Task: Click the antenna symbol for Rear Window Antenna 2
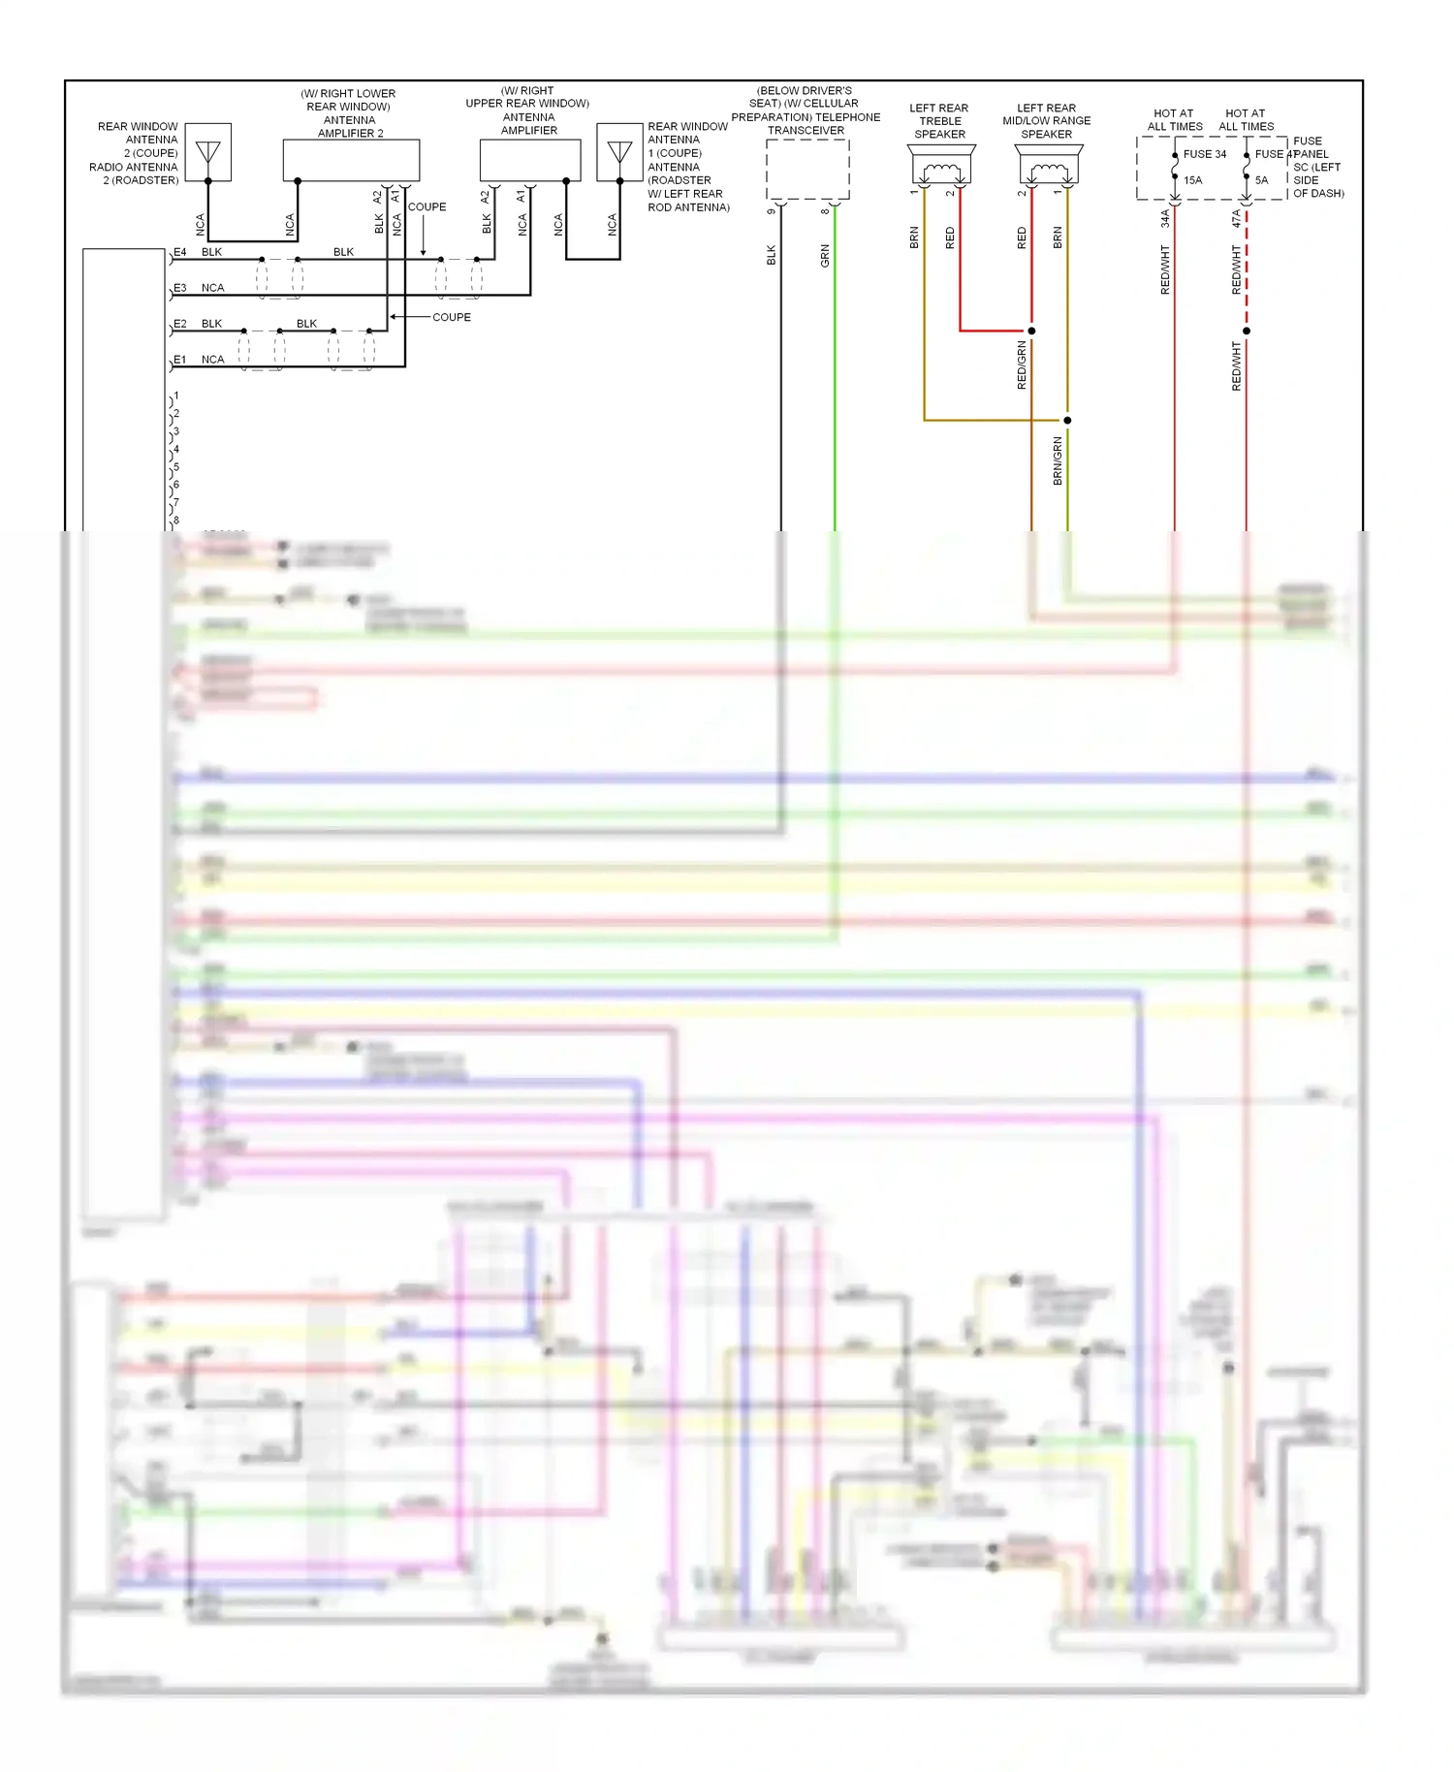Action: click(x=207, y=152)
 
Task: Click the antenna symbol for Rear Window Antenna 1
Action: click(x=619, y=152)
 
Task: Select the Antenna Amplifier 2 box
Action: click(x=351, y=160)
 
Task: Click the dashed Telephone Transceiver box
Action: click(x=807, y=170)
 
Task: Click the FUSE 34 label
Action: click(x=1204, y=154)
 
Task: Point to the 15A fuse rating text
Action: click(x=1192, y=180)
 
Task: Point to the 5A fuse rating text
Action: click(x=1261, y=180)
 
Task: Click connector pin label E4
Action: click(x=180, y=252)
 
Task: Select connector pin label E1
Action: click(x=180, y=360)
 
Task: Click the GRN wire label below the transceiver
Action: click(x=825, y=256)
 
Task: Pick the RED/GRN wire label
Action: click(x=1022, y=365)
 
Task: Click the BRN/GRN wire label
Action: click(x=1058, y=460)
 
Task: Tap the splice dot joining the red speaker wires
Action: click(x=1031, y=331)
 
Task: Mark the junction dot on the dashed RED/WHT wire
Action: click(x=1247, y=331)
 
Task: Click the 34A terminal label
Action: click(x=1165, y=219)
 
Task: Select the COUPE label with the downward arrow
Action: click(x=427, y=207)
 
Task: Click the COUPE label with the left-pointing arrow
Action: click(x=451, y=317)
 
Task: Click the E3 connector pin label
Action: click(x=180, y=288)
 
